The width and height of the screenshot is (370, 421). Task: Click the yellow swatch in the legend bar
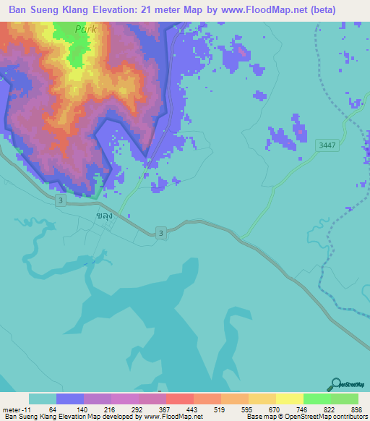point(290,399)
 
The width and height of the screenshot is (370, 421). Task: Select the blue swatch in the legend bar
point(70,399)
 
